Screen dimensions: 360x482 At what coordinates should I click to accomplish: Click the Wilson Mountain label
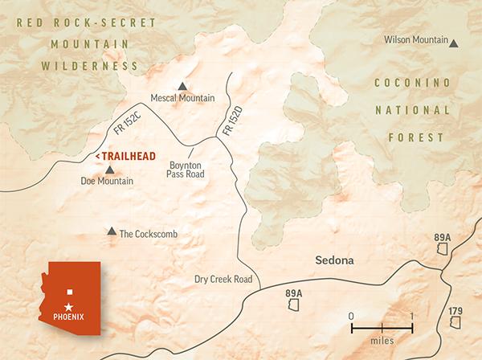415,40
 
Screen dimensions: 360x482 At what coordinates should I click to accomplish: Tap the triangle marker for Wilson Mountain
455,43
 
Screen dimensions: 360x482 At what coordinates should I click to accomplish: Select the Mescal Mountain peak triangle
182,86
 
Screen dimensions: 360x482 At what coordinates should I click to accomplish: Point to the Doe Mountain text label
107,182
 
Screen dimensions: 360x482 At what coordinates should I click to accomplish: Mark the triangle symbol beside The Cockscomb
111,231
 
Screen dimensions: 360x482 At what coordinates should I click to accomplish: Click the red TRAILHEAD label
125,155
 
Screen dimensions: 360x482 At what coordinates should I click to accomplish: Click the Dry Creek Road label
223,280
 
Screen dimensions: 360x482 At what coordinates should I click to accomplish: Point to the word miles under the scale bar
382,340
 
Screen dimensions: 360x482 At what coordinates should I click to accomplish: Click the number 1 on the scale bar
412,316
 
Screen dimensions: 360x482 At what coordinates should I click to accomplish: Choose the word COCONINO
410,84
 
